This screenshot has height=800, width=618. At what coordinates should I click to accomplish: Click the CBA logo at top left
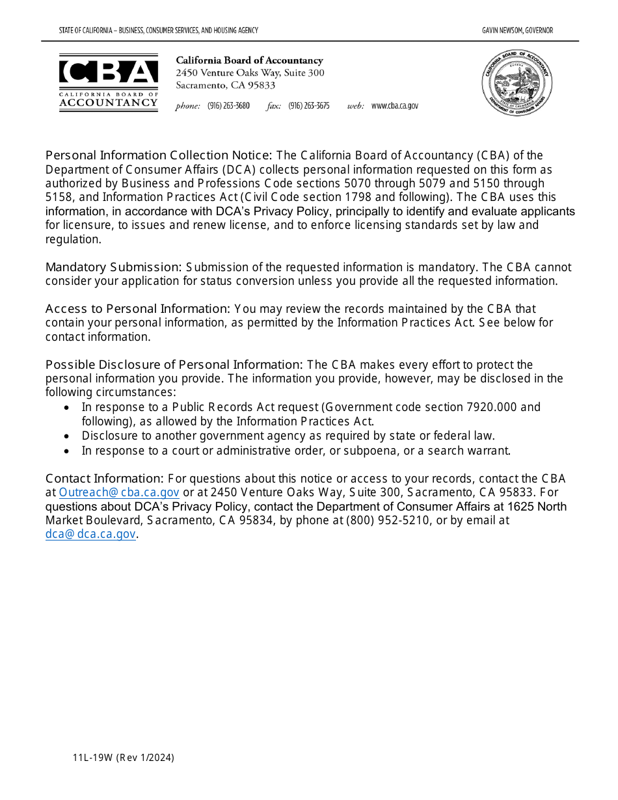[109, 83]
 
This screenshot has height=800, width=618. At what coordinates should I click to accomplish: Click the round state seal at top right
[517, 83]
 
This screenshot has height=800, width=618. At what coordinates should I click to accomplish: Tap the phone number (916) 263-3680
[228, 106]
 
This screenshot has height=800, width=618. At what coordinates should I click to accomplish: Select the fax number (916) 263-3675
[309, 106]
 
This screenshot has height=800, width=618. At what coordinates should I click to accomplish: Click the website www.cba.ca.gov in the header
[395, 106]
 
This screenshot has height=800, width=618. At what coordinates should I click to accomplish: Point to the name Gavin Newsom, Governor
[517, 31]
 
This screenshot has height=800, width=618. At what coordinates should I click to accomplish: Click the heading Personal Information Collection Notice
[158, 155]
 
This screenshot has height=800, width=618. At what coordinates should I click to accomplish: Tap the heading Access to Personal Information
[137, 309]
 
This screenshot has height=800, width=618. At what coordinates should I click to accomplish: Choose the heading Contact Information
[104, 479]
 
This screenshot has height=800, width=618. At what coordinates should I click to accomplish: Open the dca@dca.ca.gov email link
[90, 535]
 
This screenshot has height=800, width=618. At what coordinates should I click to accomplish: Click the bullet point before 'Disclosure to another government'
[67, 436]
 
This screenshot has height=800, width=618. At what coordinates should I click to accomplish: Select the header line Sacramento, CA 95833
[225, 85]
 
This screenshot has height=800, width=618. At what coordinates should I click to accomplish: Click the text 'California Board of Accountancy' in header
[249, 60]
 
